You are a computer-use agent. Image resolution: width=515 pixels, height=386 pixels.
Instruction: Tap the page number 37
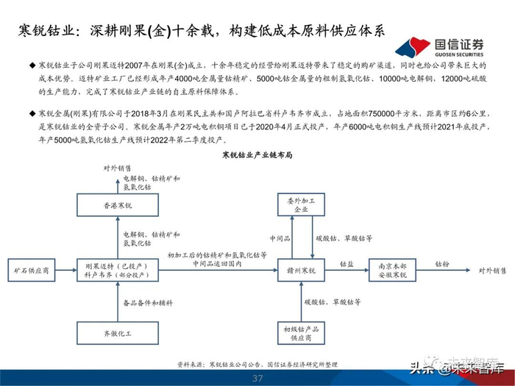(x=257, y=379)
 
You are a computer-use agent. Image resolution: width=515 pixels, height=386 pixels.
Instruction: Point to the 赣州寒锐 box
(x=302, y=271)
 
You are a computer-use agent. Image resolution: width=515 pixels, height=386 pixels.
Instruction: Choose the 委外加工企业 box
(x=302, y=206)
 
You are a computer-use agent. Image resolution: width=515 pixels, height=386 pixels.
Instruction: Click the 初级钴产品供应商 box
(x=302, y=333)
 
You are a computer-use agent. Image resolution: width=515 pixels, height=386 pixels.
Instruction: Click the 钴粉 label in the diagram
(x=441, y=263)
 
